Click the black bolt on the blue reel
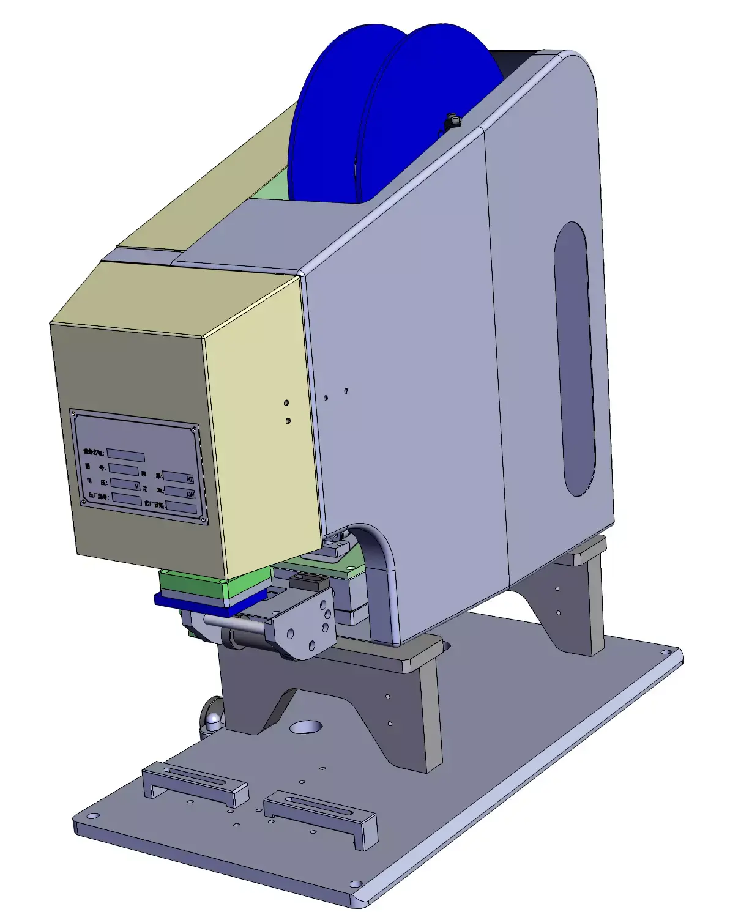click(x=452, y=121)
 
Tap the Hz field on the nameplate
click(x=179, y=477)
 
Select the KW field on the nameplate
click(x=181, y=492)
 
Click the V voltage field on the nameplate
click(x=125, y=484)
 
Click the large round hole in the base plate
click(x=306, y=727)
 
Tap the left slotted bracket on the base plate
click(x=195, y=784)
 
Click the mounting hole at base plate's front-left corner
click(x=92, y=817)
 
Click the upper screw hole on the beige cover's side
click(x=286, y=403)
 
